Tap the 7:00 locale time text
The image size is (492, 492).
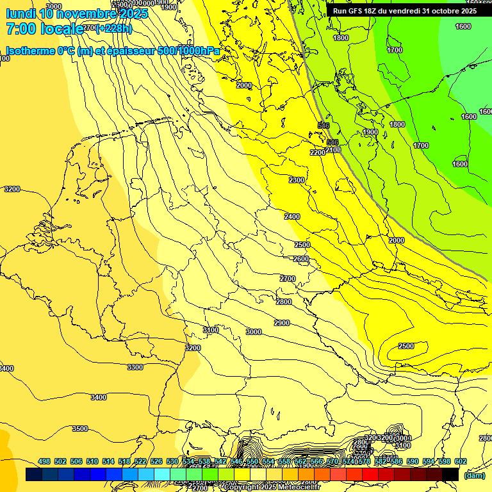[44, 29]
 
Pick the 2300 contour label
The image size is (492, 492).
[297, 180]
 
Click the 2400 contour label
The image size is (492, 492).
[292, 217]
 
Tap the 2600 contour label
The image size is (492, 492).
[301, 259]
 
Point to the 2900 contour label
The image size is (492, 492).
[282, 323]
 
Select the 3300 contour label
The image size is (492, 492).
[135, 367]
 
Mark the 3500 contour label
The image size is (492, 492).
[80, 429]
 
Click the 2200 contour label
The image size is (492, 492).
[317, 152]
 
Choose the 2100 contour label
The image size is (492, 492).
[333, 150]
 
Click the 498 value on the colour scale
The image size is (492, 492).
[44, 461]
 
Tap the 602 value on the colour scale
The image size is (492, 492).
[460, 461]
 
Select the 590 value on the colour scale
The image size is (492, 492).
[413, 461]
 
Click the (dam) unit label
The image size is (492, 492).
[475, 475]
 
